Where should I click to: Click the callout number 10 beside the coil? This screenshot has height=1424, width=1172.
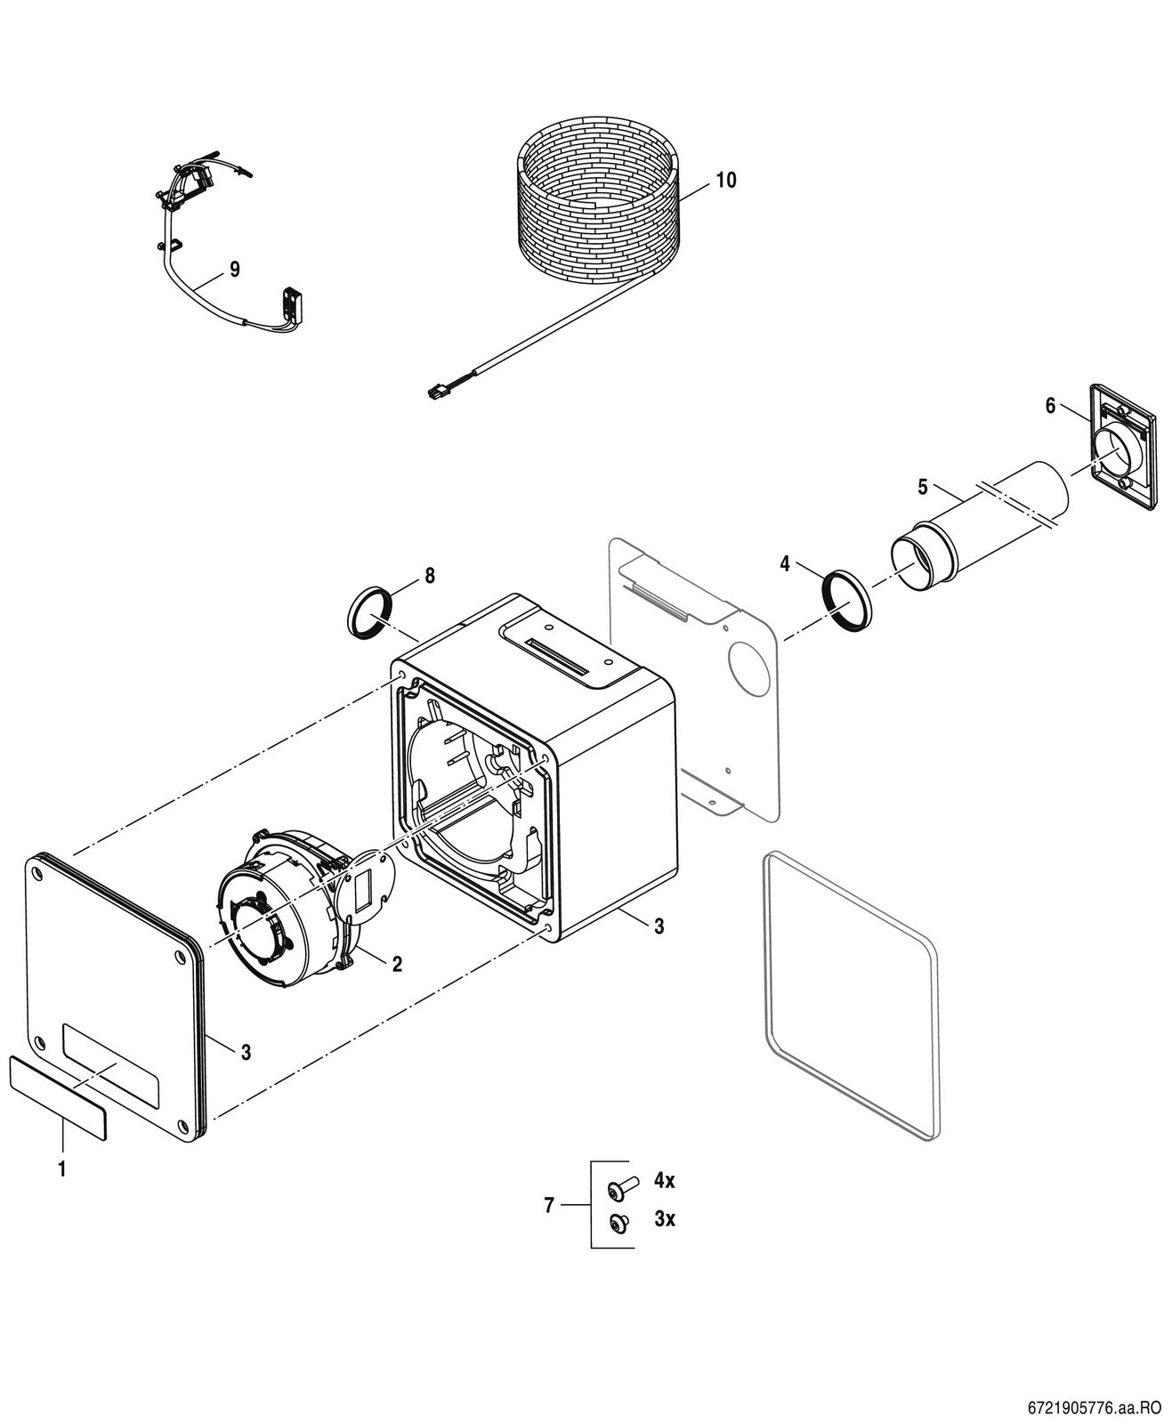click(x=726, y=181)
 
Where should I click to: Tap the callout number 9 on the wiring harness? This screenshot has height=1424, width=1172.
click(x=235, y=270)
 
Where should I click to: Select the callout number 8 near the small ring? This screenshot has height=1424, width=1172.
click(x=430, y=576)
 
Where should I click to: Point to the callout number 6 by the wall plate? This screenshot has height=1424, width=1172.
click(x=1050, y=406)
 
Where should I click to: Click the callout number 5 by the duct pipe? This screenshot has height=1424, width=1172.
click(x=923, y=487)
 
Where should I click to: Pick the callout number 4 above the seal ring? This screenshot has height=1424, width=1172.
click(x=785, y=563)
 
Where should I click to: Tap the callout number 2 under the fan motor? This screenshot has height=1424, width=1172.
click(x=398, y=964)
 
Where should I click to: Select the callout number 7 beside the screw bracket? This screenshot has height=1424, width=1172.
click(x=549, y=1205)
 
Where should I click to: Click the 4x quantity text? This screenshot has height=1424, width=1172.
click(x=665, y=1180)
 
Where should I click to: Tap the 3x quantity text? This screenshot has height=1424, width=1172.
click(x=665, y=1218)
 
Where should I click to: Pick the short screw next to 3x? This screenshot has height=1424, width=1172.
click(x=619, y=1223)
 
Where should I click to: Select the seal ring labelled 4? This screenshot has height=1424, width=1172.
click(x=847, y=601)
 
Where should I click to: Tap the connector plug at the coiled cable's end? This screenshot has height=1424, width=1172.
click(x=438, y=391)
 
